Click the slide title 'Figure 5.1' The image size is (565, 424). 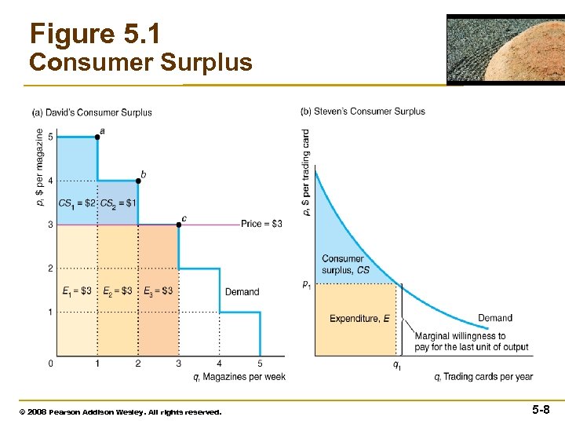(94, 34)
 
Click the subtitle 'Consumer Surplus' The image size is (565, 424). (140, 62)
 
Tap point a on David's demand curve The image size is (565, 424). (97, 137)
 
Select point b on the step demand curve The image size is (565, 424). (138, 181)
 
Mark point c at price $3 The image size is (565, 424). (179, 225)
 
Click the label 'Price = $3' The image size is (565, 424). (262, 225)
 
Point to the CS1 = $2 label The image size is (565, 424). (76, 203)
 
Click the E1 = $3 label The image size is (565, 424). (77, 291)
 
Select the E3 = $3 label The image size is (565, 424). (159, 291)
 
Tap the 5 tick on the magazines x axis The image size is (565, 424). (261, 364)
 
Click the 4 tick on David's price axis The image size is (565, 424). (50, 181)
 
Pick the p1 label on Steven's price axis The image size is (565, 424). (306, 284)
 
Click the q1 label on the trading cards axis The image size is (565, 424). (398, 365)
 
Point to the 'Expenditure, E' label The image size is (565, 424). (359, 318)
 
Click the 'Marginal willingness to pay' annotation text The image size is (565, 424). (471, 342)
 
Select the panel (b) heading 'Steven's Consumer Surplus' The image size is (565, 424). (363, 111)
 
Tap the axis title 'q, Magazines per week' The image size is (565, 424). (239, 377)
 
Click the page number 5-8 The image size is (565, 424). (541, 409)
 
